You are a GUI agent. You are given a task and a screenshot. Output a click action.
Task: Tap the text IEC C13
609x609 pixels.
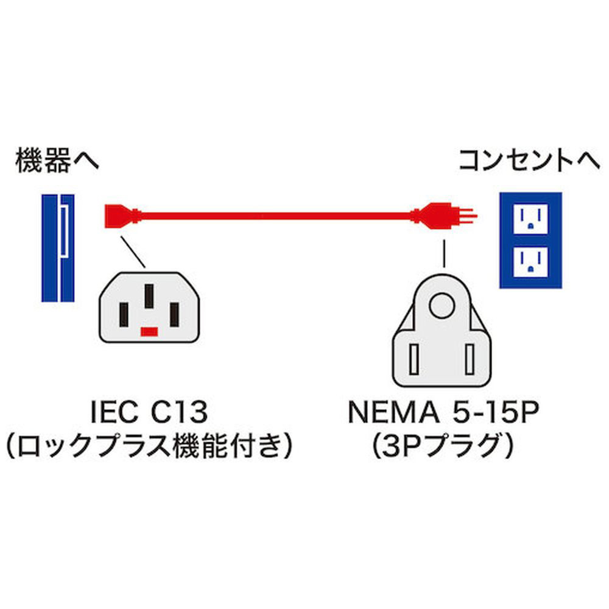click(x=149, y=414)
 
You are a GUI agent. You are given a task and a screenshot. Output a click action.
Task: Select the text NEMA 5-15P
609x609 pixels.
click(x=443, y=414)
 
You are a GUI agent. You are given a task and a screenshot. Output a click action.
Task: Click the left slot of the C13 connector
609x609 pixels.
click(x=124, y=314)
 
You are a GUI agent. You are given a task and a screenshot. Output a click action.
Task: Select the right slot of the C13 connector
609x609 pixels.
click(x=174, y=314)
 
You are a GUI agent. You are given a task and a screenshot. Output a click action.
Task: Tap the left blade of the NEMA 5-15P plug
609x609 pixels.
click(x=417, y=359)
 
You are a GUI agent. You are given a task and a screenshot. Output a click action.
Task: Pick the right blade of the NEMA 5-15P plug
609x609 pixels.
click(x=469, y=359)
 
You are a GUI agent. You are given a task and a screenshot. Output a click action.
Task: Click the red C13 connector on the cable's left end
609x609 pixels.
click(x=119, y=215)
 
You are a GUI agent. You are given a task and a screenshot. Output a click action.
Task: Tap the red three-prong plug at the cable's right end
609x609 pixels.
click(x=442, y=215)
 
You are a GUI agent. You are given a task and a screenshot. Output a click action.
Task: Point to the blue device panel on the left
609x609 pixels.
click(x=58, y=248)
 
